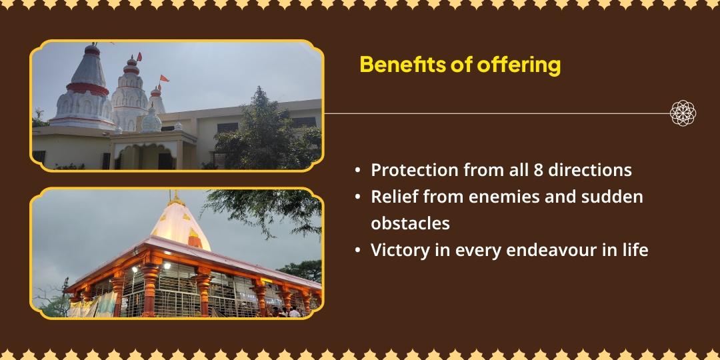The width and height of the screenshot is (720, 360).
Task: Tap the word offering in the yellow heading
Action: pyautogui.click(x=519, y=65)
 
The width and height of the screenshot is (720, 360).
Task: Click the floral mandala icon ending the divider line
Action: pyautogui.click(x=683, y=113)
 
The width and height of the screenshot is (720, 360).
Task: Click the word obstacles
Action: pyautogui.click(x=410, y=223)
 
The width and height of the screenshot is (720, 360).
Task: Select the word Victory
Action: pyautogui.click(x=397, y=251)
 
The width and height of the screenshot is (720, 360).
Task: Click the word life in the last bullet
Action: pyautogui.click(x=631, y=251)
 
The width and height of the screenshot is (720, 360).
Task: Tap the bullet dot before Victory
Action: pyautogui.click(x=358, y=251)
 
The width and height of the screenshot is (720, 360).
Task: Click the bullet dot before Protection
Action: pyautogui.click(x=358, y=171)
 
